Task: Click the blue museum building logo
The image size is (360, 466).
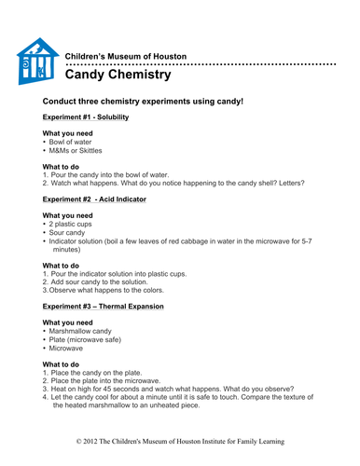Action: click(x=38, y=62)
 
